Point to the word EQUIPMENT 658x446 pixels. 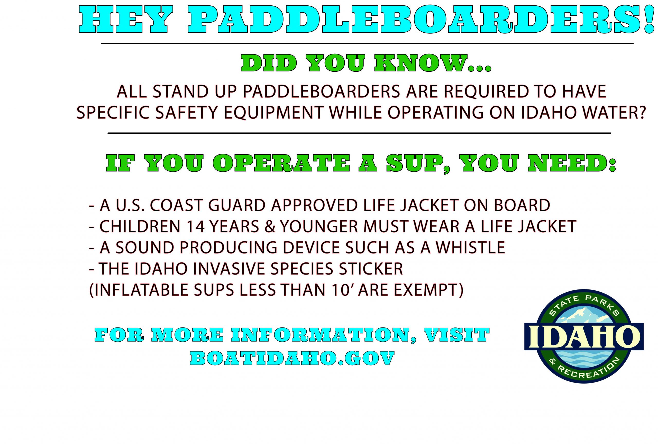273,112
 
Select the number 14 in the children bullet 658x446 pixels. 195,226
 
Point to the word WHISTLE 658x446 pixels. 470,247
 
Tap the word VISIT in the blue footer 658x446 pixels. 456,335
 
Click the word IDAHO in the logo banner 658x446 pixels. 584,336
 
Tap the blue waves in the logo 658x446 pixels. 584,358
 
